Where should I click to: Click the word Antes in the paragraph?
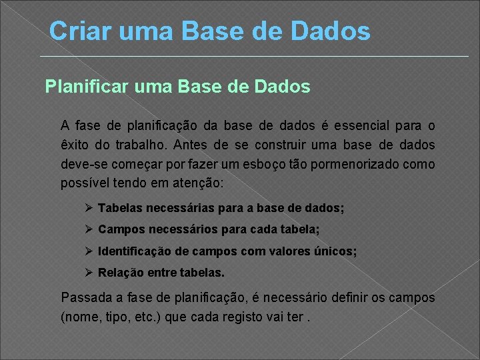pos(192,145)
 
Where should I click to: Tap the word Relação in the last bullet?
pos(121,273)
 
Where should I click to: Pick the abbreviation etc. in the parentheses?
pos(140,317)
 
